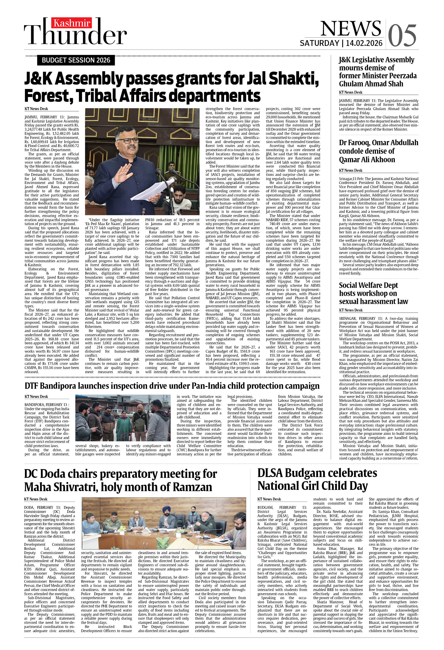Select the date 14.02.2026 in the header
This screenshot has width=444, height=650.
364,43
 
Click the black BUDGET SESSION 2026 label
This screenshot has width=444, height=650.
76,60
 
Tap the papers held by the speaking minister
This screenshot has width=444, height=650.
148,190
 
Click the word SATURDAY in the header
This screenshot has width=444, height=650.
319,43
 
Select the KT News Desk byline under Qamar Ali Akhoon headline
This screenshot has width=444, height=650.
351,170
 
